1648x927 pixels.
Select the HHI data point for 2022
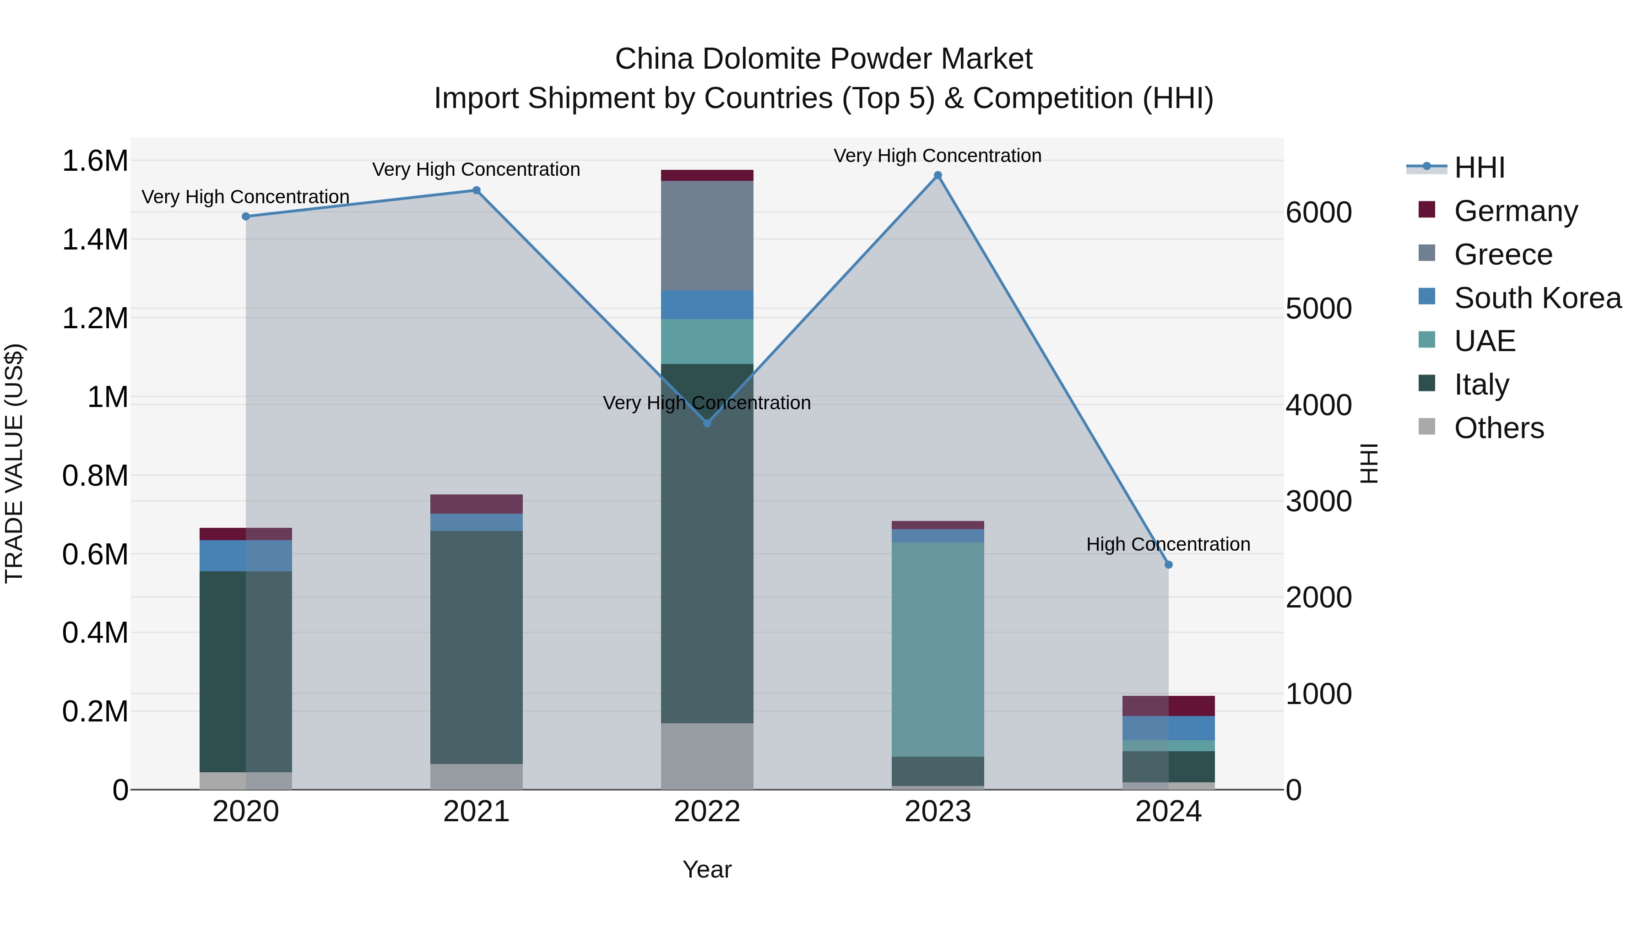coord(707,423)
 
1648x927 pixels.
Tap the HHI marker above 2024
coord(1168,565)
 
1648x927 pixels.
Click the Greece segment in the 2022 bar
coord(707,235)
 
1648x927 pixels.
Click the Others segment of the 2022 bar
coord(707,756)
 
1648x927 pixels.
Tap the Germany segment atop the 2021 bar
coord(476,504)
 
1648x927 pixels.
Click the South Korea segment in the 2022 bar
coord(707,304)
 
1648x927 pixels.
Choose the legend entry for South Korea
coord(1537,298)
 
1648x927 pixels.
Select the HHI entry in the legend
coord(1479,168)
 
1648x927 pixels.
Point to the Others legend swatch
coord(1426,427)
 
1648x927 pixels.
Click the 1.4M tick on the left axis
coord(95,240)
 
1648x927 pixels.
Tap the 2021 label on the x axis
coord(476,812)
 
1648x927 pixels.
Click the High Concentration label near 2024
coord(1168,544)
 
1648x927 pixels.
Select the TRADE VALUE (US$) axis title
coord(14,463)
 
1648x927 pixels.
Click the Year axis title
coord(707,869)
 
